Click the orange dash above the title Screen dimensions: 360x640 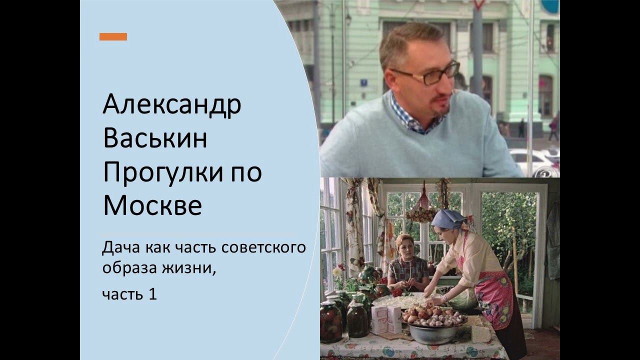click(113, 36)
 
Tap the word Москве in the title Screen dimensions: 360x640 click(152, 205)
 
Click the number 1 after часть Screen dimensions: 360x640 click(152, 294)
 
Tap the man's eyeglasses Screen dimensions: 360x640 click(430, 74)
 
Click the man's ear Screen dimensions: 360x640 click(387, 80)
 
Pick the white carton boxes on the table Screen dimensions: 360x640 click(386, 318)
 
